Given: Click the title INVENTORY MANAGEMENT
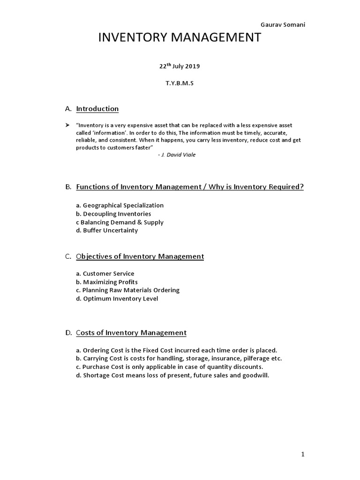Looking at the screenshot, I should click(180, 38).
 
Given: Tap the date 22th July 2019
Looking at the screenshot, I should click(180, 66).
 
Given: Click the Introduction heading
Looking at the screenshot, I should click(97, 109).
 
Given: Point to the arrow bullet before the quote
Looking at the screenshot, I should click(67, 126).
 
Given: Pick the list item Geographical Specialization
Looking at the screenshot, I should click(120, 205).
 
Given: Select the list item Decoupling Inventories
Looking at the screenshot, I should click(113, 214).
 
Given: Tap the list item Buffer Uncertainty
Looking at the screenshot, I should click(107, 230).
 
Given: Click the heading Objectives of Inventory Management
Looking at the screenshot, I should click(140, 256).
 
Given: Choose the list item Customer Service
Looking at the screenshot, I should click(105, 273).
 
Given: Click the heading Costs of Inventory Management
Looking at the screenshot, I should click(131, 333).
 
